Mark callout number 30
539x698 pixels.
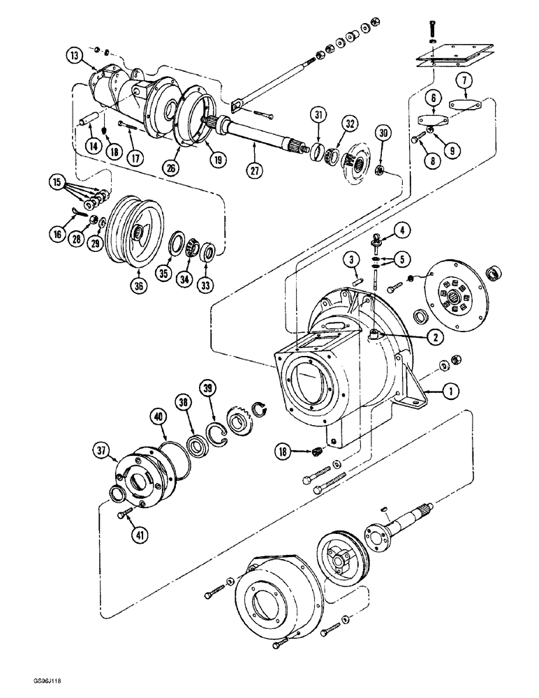[x=383, y=133]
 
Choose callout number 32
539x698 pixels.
[x=348, y=125]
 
